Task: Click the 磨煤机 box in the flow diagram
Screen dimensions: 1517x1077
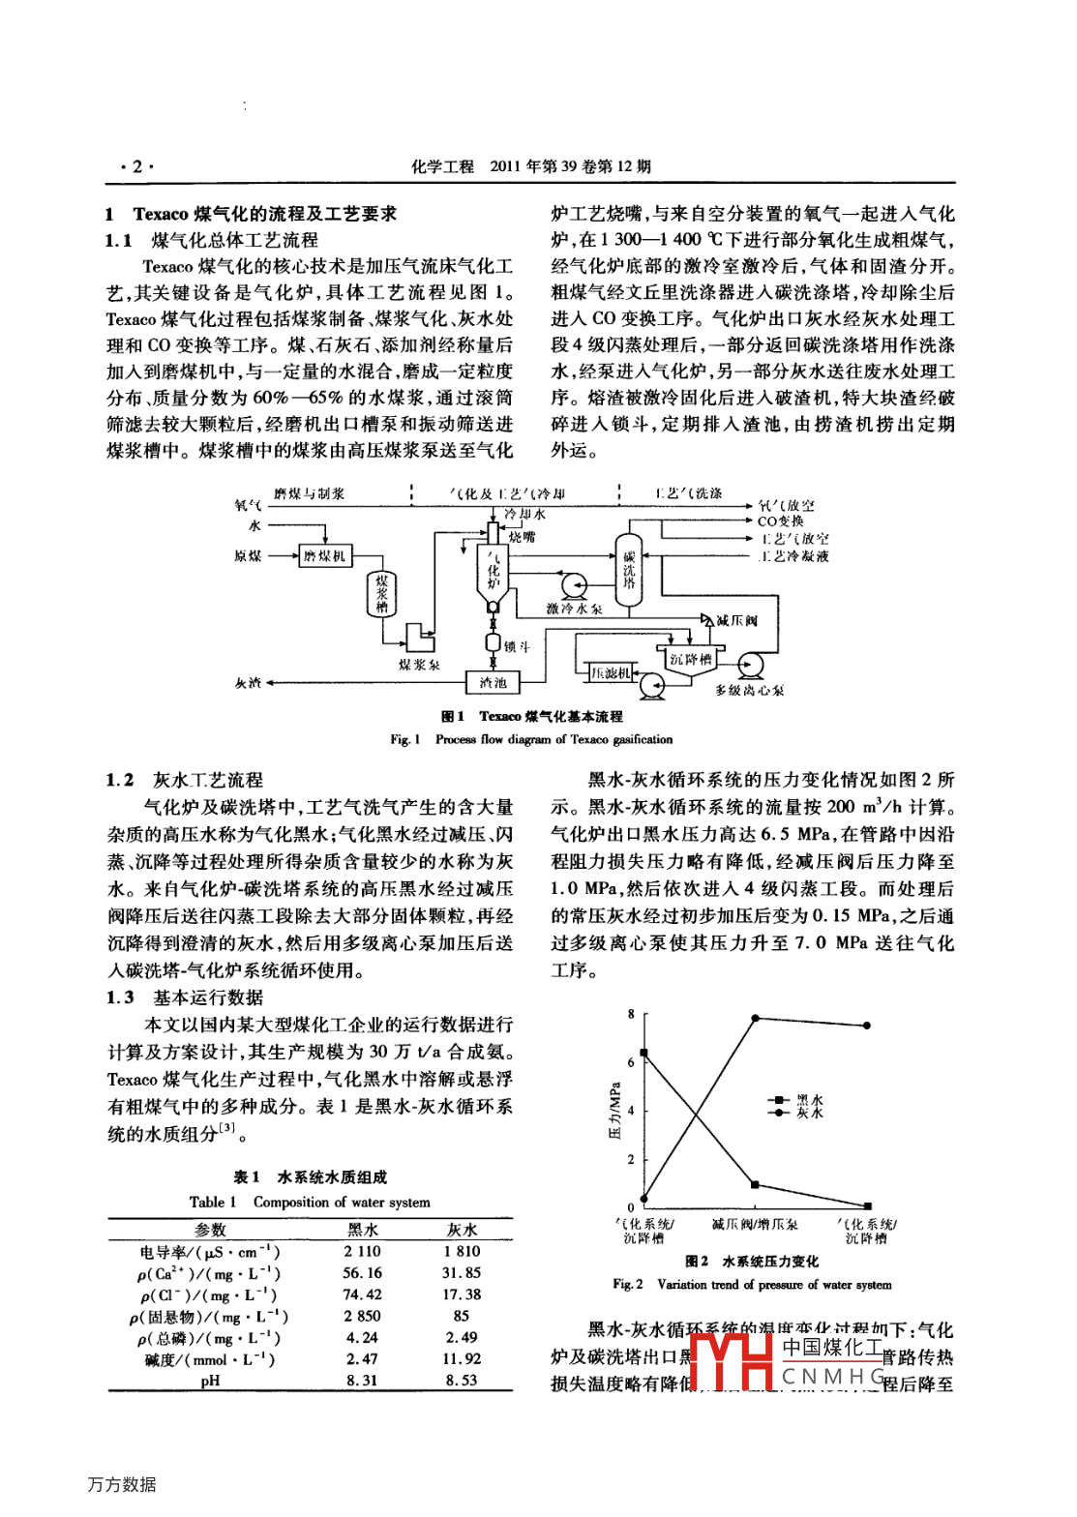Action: click(324, 555)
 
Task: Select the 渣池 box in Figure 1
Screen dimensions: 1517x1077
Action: click(493, 682)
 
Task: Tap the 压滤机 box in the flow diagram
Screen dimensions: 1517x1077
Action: click(612, 672)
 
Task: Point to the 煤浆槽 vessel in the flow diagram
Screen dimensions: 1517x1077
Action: click(382, 593)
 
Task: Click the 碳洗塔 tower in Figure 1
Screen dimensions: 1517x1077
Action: click(629, 571)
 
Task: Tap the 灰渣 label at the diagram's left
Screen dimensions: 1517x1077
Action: click(248, 683)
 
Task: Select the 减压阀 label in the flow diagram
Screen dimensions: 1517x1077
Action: click(736, 620)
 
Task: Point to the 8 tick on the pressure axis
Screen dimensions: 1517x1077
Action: click(631, 1014)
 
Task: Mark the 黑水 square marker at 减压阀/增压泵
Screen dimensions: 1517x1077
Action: click(755, 1184)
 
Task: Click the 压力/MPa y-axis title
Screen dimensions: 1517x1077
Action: click(614, 1110)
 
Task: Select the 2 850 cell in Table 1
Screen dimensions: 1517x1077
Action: click(362, 1316)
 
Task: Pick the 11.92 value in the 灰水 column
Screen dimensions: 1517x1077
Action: click(462, 1358)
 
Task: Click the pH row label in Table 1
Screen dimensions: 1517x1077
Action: click(210, 1381)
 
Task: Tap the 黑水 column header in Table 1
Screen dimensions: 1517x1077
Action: click(363, 1230)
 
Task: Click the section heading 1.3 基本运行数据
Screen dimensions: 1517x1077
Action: click(185, 997)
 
